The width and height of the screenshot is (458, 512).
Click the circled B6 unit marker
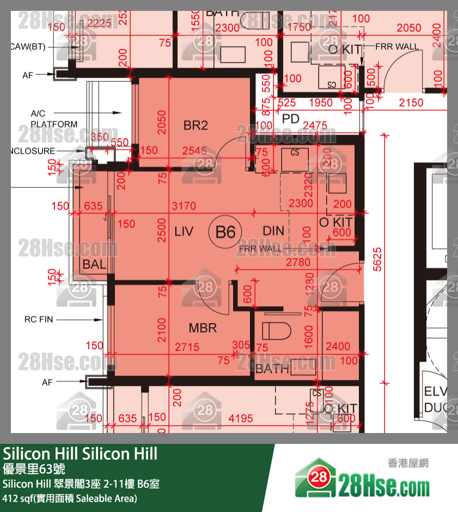coord(225,233)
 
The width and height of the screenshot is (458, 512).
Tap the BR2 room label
coord(196,126)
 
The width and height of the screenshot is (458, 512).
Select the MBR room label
coord(203,328)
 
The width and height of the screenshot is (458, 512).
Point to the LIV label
coord(184,231)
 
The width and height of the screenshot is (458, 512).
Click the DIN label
coord(273,231)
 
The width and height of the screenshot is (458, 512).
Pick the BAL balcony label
coord(94,265)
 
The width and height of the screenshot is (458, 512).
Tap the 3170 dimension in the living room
coord(184,206)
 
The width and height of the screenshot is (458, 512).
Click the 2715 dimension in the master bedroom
coord(186,347)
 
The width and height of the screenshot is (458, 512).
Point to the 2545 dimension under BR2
coord(194,150)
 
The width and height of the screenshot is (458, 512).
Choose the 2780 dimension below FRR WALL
coord(298,263)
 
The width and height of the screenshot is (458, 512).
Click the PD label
coord(291,118)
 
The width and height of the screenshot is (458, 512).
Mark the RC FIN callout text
coord(39,319)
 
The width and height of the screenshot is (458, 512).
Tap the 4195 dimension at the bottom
coord(241,418)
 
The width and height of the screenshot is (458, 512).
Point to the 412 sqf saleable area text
coord(70,498)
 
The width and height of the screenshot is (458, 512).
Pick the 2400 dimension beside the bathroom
coord(338,346)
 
